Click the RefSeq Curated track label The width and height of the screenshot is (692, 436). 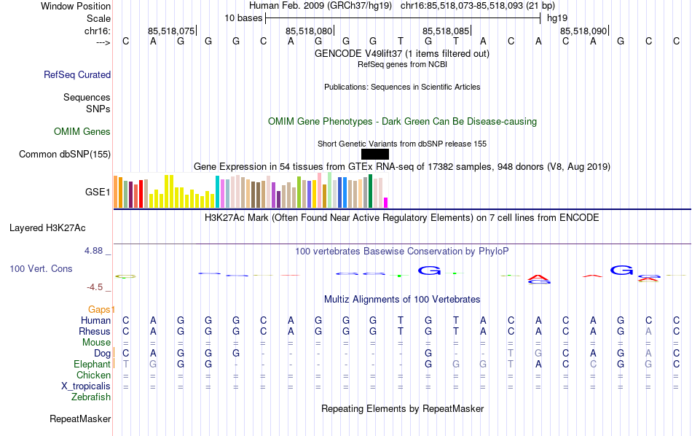click(x=77, y=74)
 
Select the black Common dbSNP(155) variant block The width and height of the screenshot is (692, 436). click(x=374, y=154)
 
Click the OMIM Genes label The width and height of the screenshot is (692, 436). click(x=82, y=131)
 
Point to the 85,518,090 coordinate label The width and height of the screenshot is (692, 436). click(x=583, y=31)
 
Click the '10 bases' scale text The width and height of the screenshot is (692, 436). click(x=243, y=17)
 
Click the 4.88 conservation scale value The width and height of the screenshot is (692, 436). click(x=95, y=251)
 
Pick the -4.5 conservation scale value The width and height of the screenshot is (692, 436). click(x=95, y=287)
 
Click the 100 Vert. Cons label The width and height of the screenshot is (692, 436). click(x=41, y=269)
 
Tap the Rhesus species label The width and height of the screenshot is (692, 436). click(x=94, y=331)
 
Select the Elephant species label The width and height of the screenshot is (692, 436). click(x=92, y=364)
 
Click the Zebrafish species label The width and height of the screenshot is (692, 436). click(x=91, y=397)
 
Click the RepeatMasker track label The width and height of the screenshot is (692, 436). click(x=80, y=419)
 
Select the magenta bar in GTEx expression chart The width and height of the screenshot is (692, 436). click(x=386, y=202)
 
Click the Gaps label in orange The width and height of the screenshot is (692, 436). click(x=101, y=309)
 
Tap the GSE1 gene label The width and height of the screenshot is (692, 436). click(x=98, y=192)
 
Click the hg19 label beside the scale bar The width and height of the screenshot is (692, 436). click(x=557, y=17)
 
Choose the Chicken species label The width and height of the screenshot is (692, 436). click(x=93, y=375)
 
